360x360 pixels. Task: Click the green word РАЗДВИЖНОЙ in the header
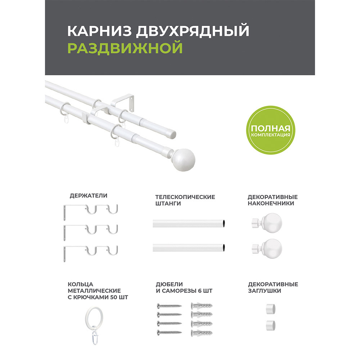point(125,48)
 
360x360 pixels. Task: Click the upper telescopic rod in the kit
point(189,224)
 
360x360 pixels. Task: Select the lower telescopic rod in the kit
point(189,247)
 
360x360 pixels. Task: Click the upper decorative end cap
point(270,309)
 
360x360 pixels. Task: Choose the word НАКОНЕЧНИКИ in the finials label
point(271,203)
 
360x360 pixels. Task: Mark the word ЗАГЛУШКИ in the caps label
point(264,291)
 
